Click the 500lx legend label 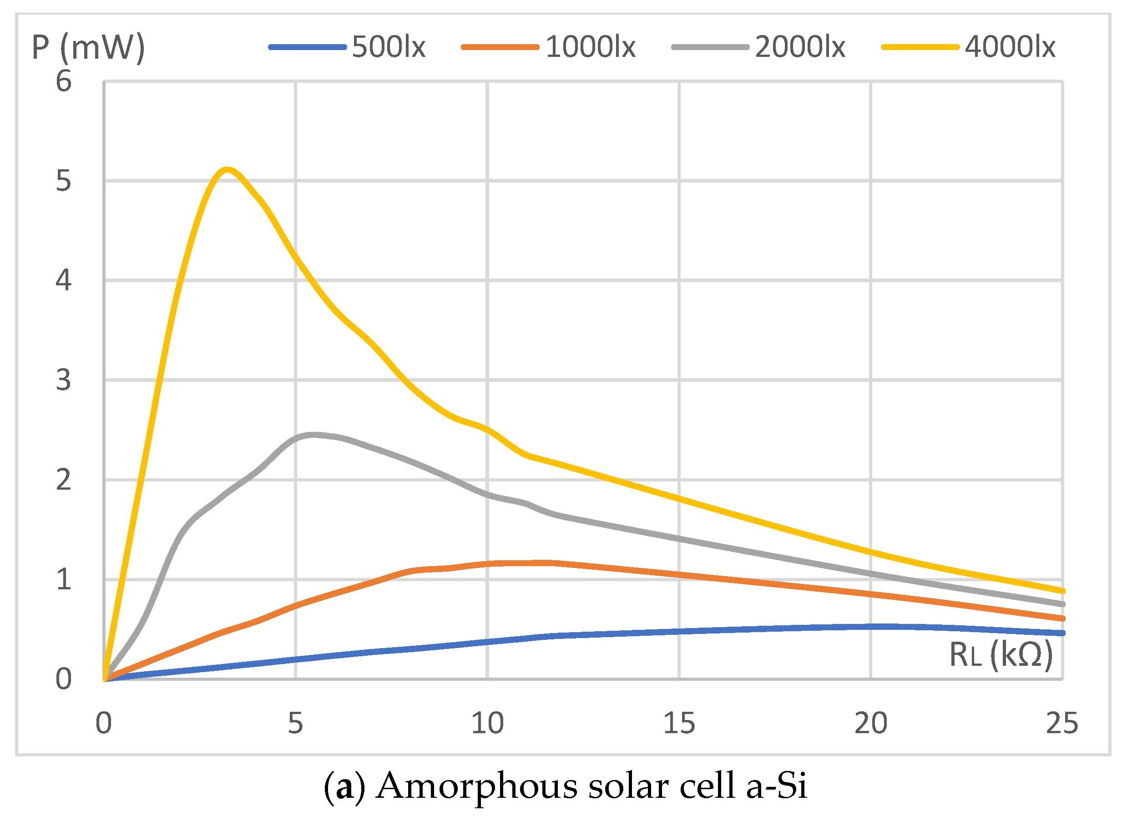389,47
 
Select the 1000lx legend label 590,47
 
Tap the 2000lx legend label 800,47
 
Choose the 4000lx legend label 1010,47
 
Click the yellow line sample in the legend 920,47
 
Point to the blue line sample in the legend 307,47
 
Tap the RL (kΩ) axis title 1001,655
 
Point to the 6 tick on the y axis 63,81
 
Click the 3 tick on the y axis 63,380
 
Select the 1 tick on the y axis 63,579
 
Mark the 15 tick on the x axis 679,724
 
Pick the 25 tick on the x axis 1061,724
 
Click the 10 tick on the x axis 487,724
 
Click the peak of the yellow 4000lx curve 227,170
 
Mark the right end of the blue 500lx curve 1062,634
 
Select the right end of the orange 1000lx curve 1062,618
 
